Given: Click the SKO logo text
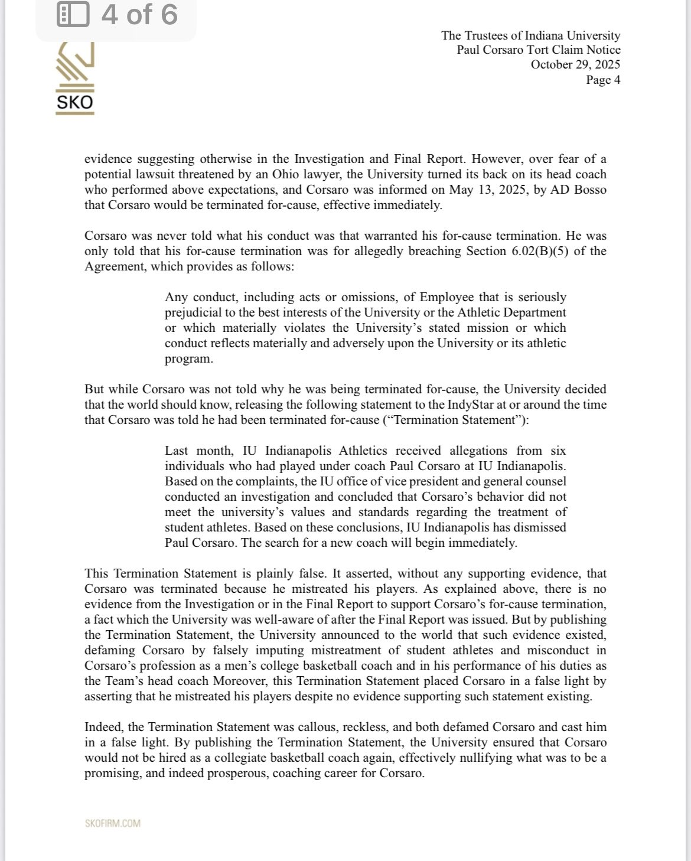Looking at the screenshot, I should (74, 103).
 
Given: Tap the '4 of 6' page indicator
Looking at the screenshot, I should (139, 14).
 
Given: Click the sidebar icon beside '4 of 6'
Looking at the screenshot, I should (72, 14).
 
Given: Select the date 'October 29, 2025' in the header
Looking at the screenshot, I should (575, 64).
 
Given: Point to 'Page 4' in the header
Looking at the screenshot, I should (602, 80).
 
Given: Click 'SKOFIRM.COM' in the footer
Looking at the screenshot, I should (112, 823).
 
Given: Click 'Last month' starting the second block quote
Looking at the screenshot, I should (192, 451).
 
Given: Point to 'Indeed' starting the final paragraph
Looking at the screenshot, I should (101, 727).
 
